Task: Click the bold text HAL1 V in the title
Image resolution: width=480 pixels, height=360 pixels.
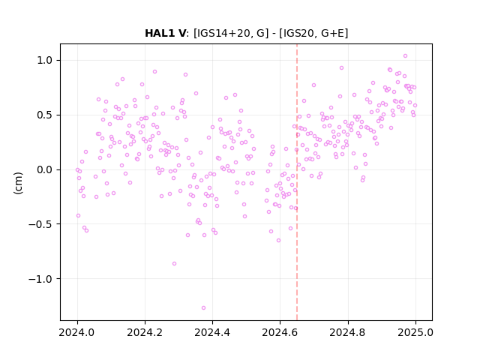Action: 165,33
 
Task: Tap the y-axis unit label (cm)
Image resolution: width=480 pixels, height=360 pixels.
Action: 18,183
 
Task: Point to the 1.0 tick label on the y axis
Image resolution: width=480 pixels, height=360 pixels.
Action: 45,60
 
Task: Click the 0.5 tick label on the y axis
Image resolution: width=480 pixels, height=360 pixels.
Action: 45,115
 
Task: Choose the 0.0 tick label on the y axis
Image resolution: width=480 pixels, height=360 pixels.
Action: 45,169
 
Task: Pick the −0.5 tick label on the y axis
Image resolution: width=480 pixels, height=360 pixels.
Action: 40,224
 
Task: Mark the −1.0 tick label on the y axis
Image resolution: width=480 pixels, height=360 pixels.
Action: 40,279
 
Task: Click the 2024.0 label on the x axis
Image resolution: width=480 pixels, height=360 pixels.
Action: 77,332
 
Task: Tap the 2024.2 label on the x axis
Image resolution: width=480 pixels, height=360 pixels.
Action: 145,332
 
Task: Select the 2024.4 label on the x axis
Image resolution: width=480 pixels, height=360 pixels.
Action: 212,332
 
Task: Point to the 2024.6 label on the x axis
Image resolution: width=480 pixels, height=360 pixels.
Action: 280,332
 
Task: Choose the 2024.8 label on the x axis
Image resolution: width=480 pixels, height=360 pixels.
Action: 348,332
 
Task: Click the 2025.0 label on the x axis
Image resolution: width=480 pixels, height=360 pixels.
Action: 415,332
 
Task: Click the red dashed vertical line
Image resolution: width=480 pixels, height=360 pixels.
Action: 297,182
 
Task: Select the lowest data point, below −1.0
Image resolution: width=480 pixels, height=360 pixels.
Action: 203,307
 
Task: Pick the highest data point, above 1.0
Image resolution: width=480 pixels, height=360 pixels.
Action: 405,56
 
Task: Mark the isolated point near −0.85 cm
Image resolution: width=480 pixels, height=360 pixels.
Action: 174,263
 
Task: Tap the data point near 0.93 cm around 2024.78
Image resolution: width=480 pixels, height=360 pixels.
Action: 342,68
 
